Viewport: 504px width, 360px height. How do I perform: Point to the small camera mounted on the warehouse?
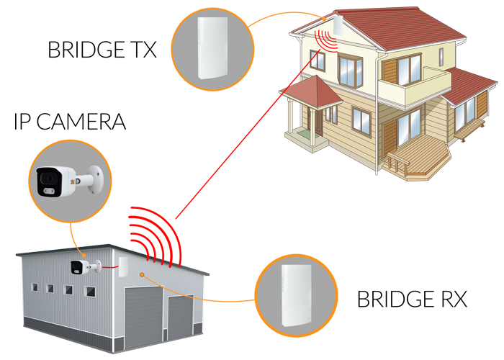tap(78, 267)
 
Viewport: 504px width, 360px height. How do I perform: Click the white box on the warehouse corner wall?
tap(122, 267)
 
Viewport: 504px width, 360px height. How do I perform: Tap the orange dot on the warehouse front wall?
tap(143, 274)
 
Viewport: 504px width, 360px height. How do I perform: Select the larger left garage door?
tap(143, 312)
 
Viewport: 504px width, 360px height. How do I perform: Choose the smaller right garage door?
tap(180, 318)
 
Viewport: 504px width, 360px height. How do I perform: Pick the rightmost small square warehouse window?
tap(90, 292)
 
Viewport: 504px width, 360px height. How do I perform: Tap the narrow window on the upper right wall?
tap(441, 57)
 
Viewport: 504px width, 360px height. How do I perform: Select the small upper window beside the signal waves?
tap(316, 60)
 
